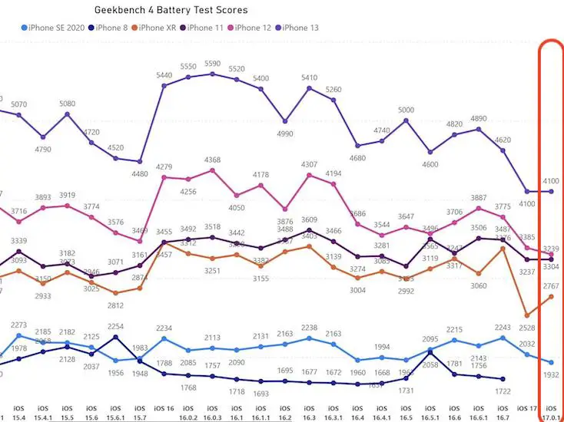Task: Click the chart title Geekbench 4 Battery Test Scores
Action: [x=171, y=11]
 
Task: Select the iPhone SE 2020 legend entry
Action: [x=54, y=28]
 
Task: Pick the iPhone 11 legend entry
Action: [x=205, y=28]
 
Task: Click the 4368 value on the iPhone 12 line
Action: [x=212, y=160]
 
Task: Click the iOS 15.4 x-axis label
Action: [x=18, y=411]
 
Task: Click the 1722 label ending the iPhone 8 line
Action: [x=503, y=391]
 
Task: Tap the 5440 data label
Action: [x=164, y=76]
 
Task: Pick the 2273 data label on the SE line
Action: [x=18, y=325]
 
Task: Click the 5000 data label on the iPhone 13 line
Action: [x=406, y=110]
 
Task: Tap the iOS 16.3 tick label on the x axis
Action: [x=309, y=411]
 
